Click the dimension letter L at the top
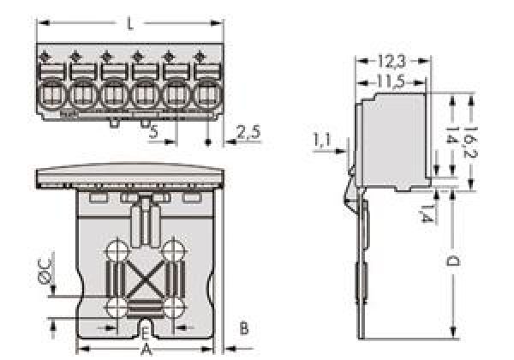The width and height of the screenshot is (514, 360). point(129,23)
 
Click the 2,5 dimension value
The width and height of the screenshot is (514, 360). point(248,132)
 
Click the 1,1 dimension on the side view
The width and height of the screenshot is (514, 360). point(322,140)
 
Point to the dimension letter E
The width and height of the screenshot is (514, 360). point(145,333)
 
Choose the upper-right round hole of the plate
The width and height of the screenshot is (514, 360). point(175,251)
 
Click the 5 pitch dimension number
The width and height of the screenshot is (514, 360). point(152,132)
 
